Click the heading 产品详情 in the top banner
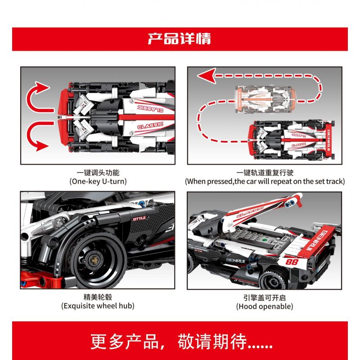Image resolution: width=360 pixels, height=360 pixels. (179, 39)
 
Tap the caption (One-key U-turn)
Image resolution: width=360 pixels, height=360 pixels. (98, 181)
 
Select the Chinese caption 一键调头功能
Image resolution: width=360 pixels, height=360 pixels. (98, 172)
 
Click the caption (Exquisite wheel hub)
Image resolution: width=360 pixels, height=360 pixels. (98, 306)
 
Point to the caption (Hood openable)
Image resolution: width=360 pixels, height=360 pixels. (265, 306)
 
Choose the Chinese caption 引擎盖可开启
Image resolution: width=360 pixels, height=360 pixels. (265, 297)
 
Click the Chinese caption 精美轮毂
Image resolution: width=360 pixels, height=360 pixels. (98, 297)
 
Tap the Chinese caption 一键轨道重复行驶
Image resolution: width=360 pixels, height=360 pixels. (265, 172)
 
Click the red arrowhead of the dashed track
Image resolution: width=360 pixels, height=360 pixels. (207, 75)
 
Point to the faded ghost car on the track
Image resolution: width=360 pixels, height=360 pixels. (266, 99)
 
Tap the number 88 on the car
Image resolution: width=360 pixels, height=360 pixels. (292, 262)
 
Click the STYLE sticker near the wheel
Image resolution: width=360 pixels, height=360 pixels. (139, 218)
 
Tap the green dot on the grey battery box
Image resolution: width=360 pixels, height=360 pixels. (264, 240)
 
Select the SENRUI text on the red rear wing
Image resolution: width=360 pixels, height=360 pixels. (317, 241)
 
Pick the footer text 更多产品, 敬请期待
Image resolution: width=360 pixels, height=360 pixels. (181, 342)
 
